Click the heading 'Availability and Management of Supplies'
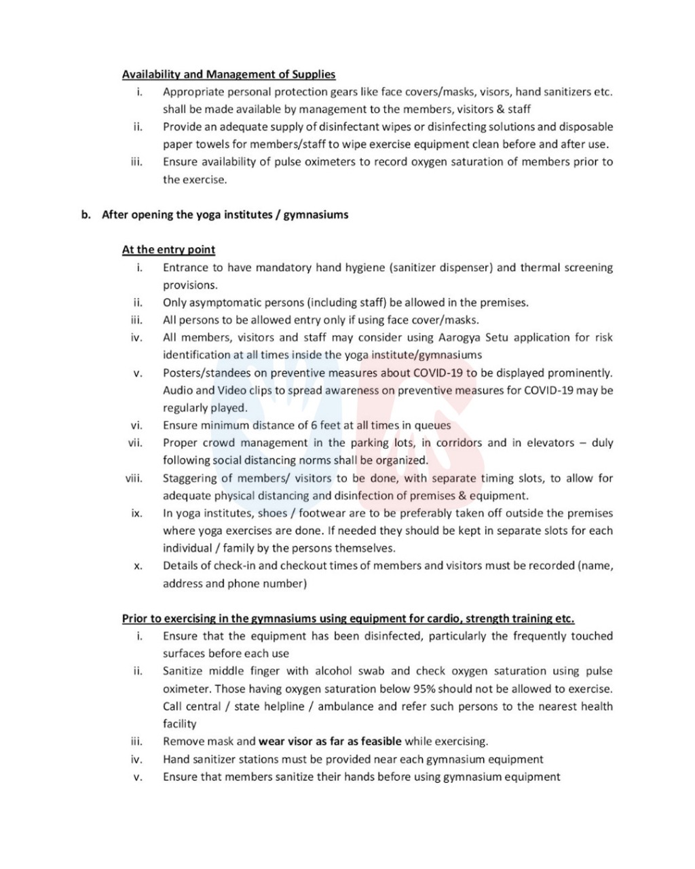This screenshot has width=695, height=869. [229, 74]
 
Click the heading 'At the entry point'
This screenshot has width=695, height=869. [168, 250]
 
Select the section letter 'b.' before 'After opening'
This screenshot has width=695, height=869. [86, 215]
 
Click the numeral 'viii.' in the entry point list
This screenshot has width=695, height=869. [134, 478]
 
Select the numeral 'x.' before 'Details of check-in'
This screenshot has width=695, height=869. [138, 566]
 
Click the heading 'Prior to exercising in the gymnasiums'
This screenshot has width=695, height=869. [347, 618]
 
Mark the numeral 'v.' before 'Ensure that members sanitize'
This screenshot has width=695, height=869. [138, 777]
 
